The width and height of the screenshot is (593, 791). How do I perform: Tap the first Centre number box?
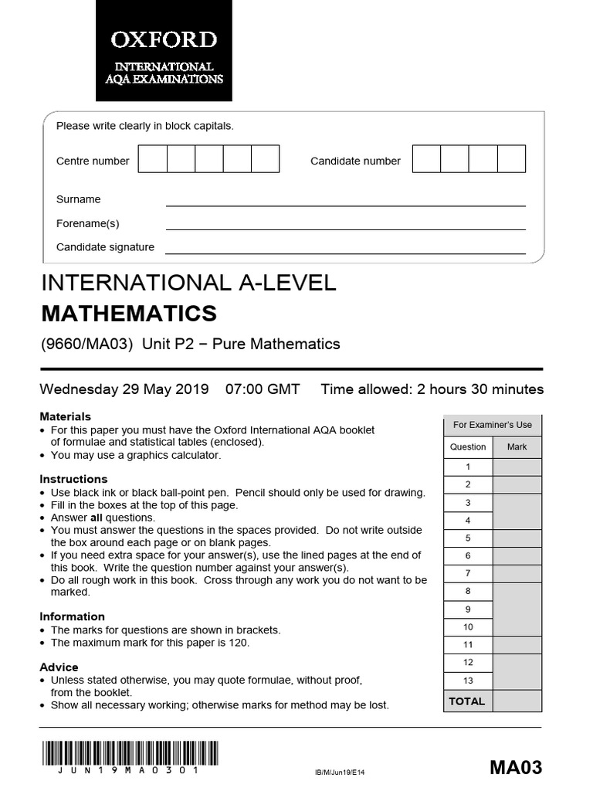152,159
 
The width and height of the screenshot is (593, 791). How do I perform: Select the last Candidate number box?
511,159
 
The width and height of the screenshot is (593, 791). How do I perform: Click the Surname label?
79,199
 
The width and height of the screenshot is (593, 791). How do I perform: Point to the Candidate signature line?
345,253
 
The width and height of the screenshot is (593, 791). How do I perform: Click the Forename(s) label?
88,223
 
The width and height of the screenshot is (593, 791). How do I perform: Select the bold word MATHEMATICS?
128,314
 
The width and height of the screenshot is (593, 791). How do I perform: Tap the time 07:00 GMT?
263,389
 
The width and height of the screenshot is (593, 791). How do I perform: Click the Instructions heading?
73,479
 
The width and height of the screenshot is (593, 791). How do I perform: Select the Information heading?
72,616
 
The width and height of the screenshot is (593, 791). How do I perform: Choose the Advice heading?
59,667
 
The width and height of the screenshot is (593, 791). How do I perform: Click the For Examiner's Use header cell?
493,425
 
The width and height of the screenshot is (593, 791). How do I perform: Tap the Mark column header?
517,446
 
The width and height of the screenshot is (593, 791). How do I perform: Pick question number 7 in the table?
468,573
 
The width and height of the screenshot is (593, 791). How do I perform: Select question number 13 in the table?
468,681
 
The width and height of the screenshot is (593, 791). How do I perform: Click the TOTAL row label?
467,701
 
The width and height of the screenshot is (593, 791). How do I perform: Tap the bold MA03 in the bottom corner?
516,768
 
